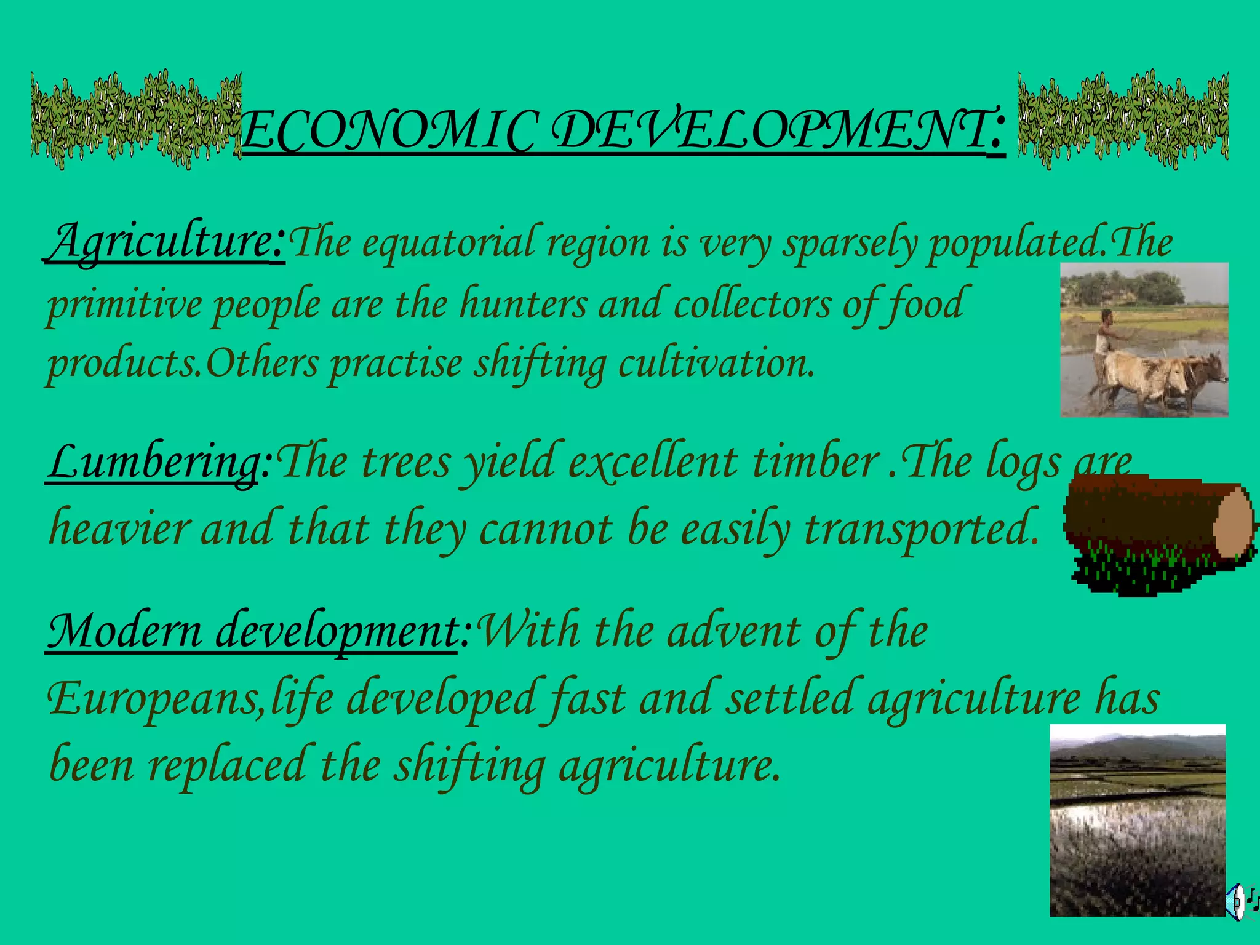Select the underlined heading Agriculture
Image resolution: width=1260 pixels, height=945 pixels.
165,242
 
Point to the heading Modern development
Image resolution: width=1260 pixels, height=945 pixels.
252,631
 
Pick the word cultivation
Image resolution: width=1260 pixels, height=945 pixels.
716,363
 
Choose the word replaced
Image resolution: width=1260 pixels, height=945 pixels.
226,766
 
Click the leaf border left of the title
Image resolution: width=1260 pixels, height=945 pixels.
136,120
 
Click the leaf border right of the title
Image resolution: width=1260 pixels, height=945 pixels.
1123,120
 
